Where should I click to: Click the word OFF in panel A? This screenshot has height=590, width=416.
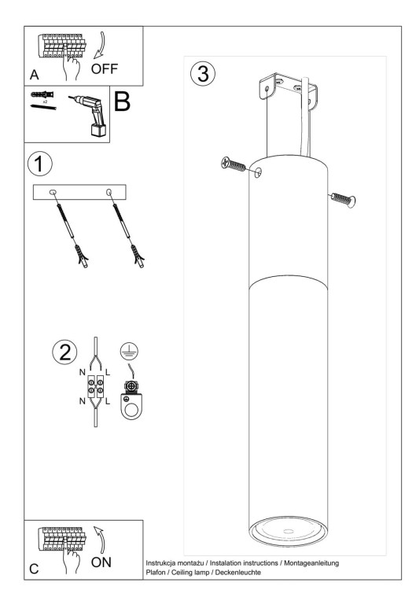point(105,68)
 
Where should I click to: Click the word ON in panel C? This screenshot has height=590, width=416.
point(102,562)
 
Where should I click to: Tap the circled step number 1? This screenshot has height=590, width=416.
point(39,164)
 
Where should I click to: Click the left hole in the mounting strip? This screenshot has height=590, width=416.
point(52,193)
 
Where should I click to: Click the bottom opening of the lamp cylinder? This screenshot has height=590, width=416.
point(289,532)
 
